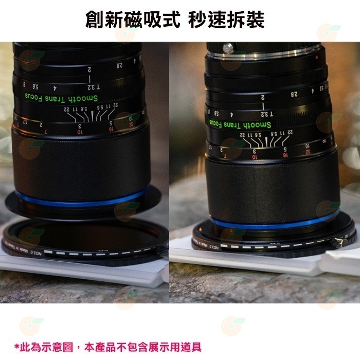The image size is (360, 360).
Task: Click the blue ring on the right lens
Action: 280,223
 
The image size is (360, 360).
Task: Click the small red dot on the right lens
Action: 317,54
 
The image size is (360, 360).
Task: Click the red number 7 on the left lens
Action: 47,131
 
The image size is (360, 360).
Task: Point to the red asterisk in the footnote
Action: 17,333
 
